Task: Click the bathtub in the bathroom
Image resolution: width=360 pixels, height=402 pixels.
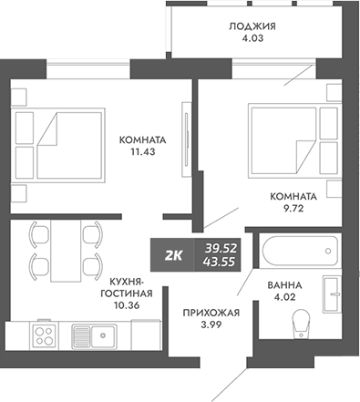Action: point(297,250)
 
